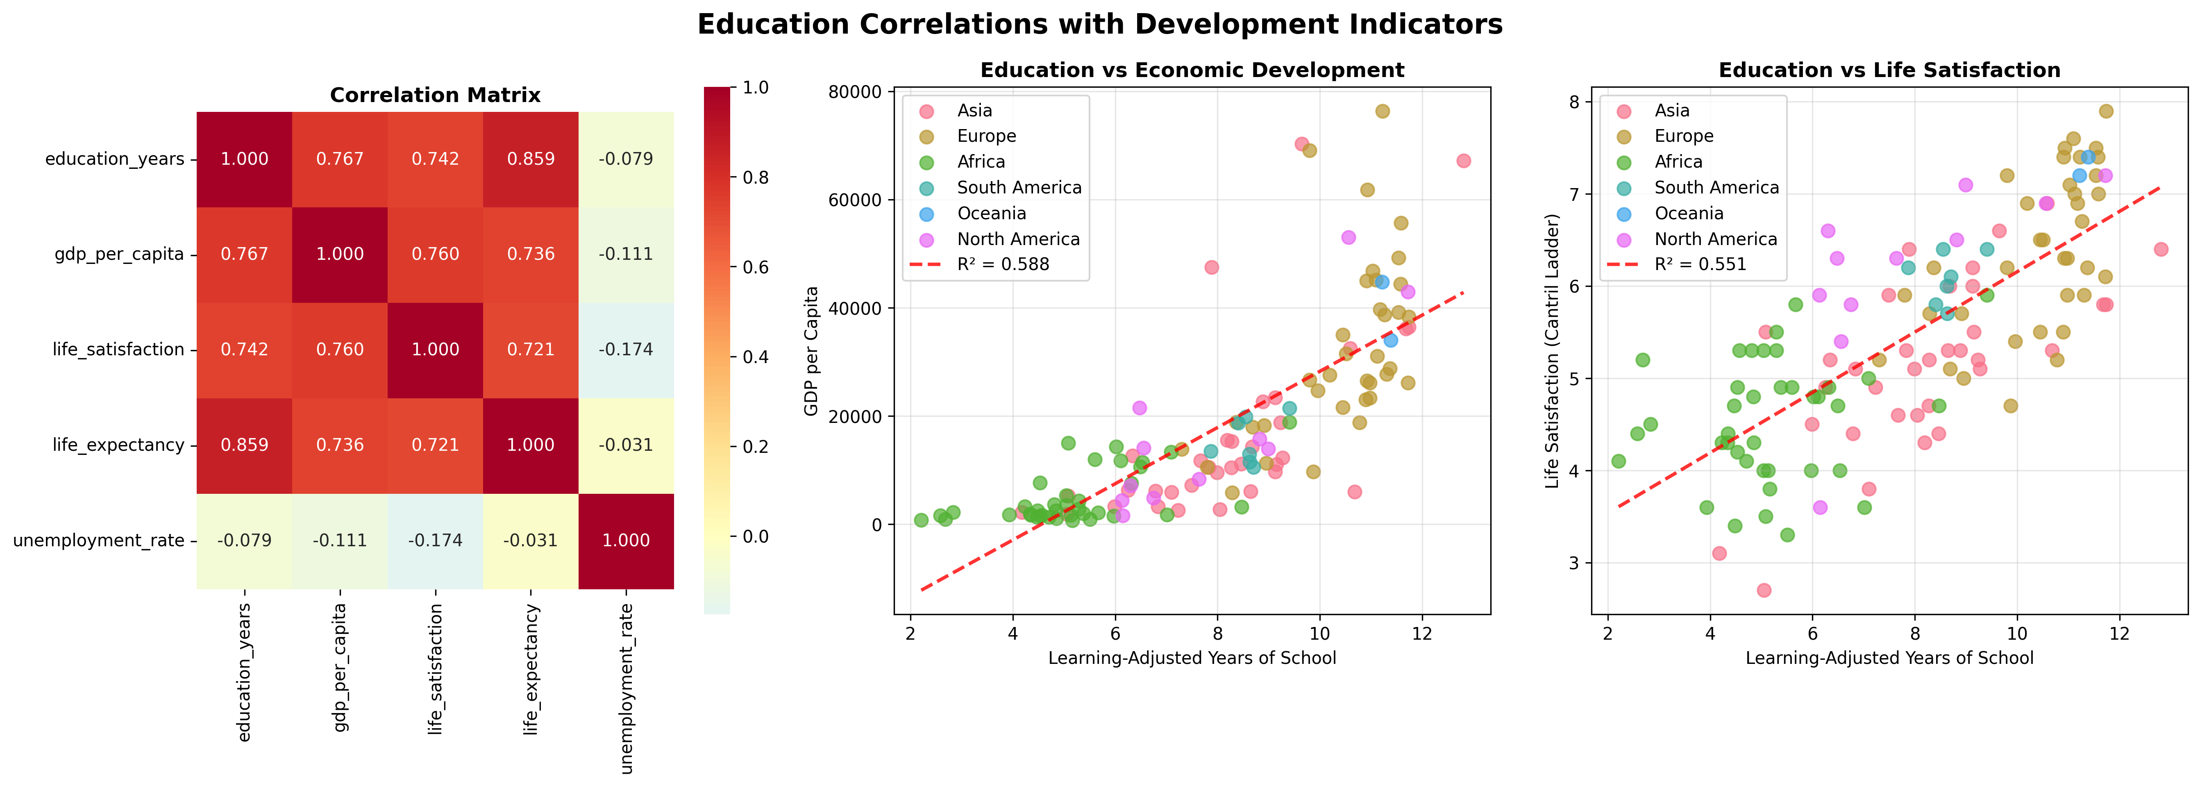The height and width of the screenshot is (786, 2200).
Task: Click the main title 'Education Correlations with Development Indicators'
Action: pyautogui.click(x=1100, y=24)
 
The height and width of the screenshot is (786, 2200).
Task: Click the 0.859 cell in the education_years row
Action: pyautogui.click(x=530, y=159)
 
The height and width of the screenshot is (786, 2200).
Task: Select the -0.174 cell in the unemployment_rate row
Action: pyautogui.click(x=436, y=540)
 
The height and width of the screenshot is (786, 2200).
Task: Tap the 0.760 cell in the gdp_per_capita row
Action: pyautogui.click(x=436, y=254)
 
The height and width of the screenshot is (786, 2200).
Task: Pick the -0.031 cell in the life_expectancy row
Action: pyautogui.click(x=626, y=444)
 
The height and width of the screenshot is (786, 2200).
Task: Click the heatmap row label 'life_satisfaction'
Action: pyautogui.click(x=118, y=350)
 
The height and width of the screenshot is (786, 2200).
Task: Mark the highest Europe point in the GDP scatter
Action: pyautogui.click(x=1382, y=111)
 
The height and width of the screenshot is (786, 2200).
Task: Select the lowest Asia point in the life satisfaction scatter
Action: pyautogui.click(x=1764, y=591)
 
